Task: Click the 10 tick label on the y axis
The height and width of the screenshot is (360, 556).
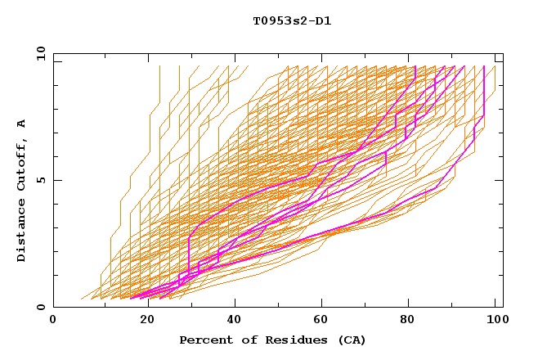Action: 40,53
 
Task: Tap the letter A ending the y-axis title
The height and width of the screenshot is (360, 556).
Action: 22,124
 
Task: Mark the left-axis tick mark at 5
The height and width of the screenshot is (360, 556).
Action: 56,180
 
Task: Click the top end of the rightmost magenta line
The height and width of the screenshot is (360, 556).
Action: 484,66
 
